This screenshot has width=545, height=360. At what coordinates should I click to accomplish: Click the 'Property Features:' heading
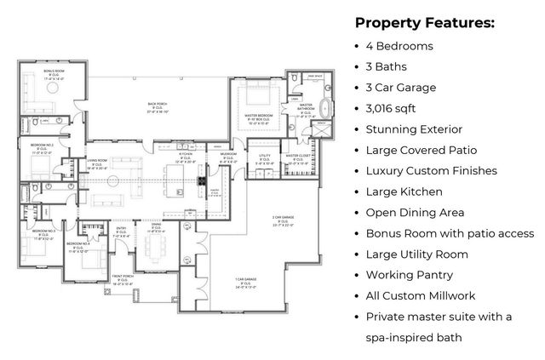click(424, 22)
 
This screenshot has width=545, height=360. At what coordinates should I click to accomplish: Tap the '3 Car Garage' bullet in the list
click(400, 87)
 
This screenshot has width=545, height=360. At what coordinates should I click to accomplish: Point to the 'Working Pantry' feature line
click(409, 275)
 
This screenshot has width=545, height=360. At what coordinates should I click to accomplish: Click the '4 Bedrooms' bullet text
click(399, 45)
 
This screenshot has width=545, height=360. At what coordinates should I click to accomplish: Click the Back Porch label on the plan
click(158, 107)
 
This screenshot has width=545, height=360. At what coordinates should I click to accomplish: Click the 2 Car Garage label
click(284, 220)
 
